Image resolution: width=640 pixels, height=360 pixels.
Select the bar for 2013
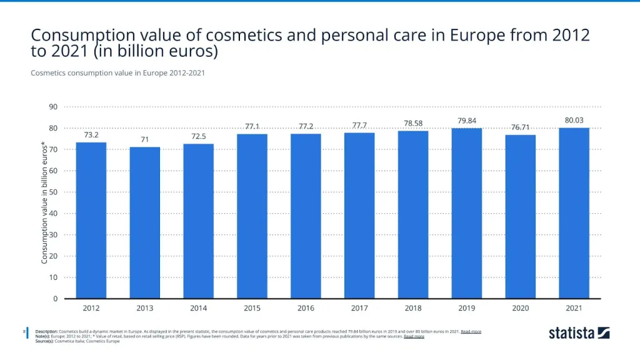(x=144, y=222)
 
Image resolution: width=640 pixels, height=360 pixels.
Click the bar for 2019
(x=467, y=213)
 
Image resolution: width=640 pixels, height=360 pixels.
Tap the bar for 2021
(x=574, y=213)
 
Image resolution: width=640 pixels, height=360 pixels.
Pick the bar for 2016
(x=306, y=216)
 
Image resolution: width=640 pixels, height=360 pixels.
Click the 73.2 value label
(x=91, y=134)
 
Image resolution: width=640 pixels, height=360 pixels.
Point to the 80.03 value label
(x=574, y=120)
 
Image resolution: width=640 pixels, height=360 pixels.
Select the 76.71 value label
(x=521, y=127)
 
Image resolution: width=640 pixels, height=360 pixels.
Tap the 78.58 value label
(x=413, y=123)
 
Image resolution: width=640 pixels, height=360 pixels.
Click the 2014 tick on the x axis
(x=198, y=308)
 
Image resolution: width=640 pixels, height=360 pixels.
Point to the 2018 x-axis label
(x=413, y=308)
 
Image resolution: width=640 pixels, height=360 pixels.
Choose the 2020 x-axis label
(x=521, y=308)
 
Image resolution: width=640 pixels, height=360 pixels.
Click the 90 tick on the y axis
(x=53, y=107)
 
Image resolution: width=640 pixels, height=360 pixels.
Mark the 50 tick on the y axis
(x=53, y=192)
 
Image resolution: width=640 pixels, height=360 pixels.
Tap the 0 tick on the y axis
(x=55, y=299)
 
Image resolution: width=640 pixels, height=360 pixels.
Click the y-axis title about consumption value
(x=45, y=202)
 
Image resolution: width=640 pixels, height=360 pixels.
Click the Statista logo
(x=579, y=333)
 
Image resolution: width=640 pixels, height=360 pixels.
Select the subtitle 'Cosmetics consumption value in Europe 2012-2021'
(x=117, y=73)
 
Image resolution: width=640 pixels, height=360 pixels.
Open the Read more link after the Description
(x=471, y=331)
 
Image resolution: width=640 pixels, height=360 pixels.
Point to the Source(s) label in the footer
(x=44, y=341)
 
